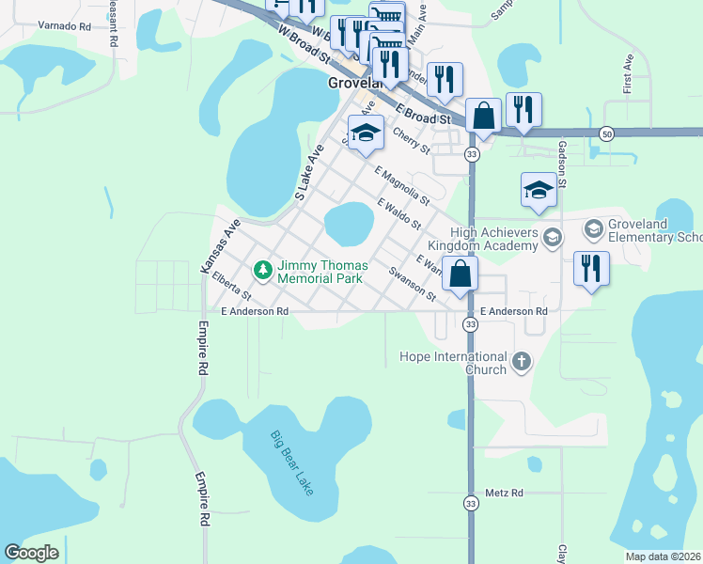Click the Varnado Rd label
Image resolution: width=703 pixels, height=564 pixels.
point(59,27)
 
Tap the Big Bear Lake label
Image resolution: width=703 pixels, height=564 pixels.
point(290,463)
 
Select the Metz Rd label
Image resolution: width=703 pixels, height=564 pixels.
point(504,493)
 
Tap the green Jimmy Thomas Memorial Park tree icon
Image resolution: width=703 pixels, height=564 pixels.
point(264,271)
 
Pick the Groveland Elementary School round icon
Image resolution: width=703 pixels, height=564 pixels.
point(593,228)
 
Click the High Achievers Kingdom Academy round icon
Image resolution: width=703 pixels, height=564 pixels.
point(552,237)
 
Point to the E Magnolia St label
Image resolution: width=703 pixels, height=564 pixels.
point(401,186)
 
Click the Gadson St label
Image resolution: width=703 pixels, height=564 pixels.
point(562,164)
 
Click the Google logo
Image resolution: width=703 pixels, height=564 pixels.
point(31,553)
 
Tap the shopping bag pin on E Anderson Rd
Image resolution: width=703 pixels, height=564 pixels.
point(461,275)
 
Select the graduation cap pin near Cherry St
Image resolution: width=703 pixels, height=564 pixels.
point(367,133)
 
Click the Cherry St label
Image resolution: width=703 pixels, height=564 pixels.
point(411,142)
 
